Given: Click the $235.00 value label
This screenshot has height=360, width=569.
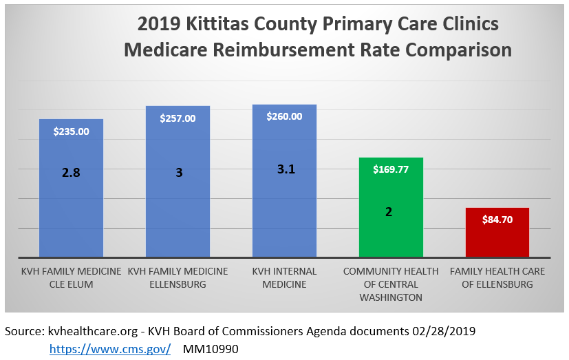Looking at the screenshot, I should click(x=72, y=131).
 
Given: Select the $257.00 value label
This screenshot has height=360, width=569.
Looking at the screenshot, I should click(x=178, y=118).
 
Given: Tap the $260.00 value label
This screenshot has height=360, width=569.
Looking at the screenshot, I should click(x=284, y=116).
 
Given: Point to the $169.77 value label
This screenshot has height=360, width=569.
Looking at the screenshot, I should click(x=391, y=169).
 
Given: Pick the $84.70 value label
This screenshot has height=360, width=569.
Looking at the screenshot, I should click(x=497, y=220).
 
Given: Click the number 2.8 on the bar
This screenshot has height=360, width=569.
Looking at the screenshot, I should click(x=71, y=173).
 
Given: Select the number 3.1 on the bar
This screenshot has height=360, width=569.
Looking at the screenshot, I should click(x=286, y=169).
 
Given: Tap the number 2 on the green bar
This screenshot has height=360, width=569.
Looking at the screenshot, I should click(x=389, y=212).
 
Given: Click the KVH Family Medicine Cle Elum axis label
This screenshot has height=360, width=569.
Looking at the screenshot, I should click(x=72, y=277).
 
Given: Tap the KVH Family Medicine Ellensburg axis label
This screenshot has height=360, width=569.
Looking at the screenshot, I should click(x=178, y=277).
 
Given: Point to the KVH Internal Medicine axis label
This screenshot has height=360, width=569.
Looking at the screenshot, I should click(x=284, y=277).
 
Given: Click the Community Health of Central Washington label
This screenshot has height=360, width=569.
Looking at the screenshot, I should click(x=391, y=284).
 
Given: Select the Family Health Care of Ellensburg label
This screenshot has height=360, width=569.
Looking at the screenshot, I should click(x=497, y=277).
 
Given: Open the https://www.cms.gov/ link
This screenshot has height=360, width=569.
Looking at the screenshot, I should click(x=110, y=349).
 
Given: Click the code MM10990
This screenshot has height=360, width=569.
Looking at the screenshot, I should click(x=211, y=349).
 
